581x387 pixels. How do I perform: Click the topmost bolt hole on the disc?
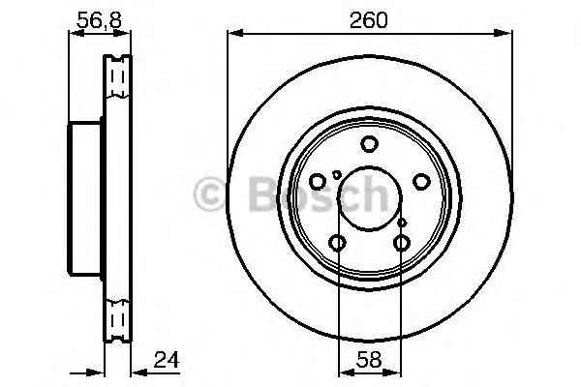pos(369,145)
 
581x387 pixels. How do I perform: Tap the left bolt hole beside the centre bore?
pos(318,181)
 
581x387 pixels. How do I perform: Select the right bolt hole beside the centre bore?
pos(420,181)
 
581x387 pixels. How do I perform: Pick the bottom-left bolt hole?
pos(337,242)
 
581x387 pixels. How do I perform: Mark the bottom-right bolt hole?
pos(401,242)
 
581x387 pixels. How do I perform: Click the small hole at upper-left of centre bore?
pos(336,174)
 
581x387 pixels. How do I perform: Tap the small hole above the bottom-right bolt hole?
pos(402,223)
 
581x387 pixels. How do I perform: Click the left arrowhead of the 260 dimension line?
pos(233,36)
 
